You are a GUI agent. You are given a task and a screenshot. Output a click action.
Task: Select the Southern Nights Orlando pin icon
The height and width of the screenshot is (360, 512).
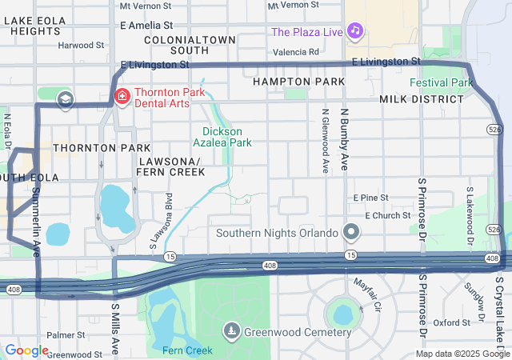[x=350, y=234]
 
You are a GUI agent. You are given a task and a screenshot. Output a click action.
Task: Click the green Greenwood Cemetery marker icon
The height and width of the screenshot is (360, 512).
[x=232, y=331]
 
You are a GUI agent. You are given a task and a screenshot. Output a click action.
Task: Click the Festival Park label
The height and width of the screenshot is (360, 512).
[x=442, y=82]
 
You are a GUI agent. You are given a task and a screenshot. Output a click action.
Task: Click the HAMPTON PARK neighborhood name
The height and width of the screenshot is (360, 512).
[x=298, y=82]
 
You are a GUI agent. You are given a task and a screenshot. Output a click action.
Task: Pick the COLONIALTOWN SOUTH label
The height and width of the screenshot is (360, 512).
[x=190, y=45]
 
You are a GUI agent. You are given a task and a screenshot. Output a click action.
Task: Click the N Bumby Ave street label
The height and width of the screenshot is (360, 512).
[x=345, y=139]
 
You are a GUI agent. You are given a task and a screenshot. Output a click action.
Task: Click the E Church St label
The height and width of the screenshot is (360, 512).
[x=388, y=216]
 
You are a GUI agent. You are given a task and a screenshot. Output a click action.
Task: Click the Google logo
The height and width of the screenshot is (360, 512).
[x=26, y=350]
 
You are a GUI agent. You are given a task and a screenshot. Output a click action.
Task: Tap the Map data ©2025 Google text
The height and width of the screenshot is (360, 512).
[x=462, y=354]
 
